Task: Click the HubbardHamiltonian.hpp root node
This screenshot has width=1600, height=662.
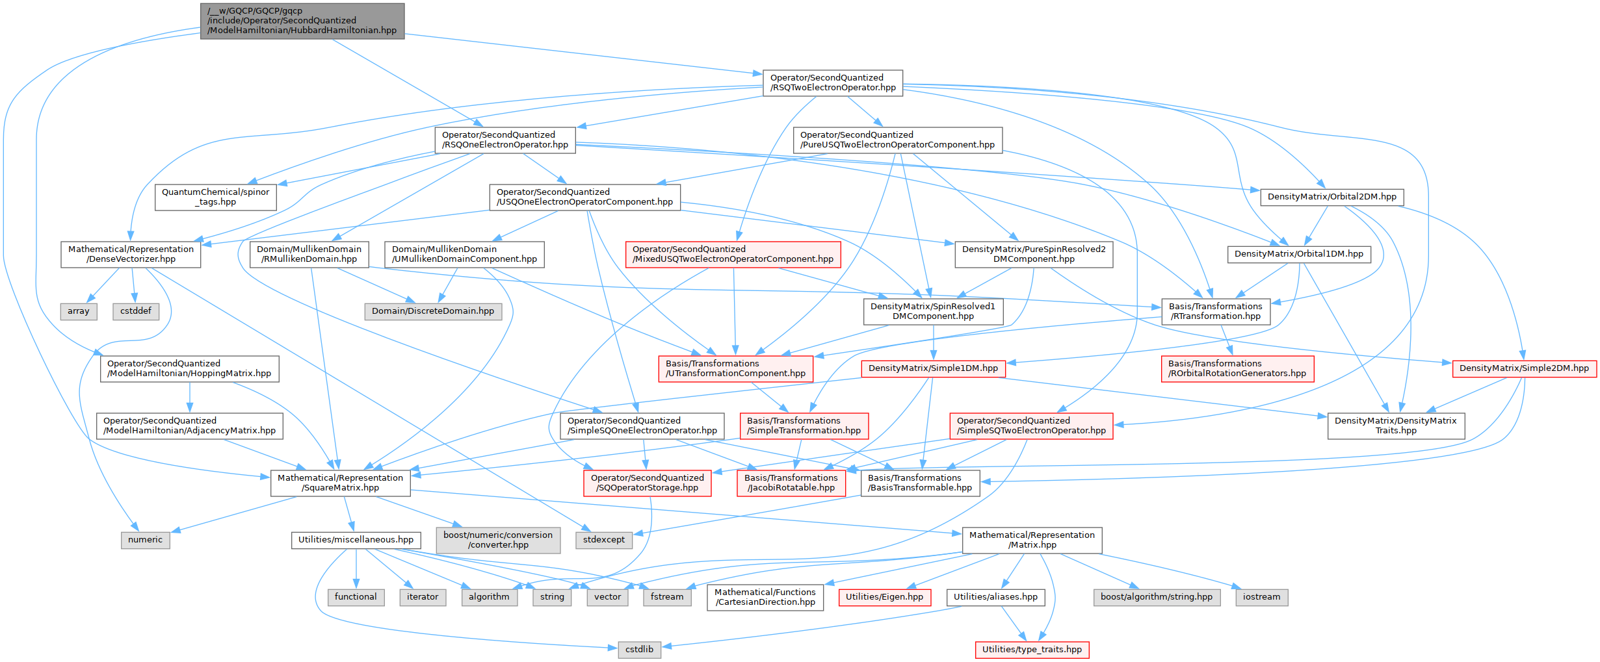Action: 302,21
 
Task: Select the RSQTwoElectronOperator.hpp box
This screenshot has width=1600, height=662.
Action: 832,83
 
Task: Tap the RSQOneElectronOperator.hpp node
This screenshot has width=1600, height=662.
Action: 505,140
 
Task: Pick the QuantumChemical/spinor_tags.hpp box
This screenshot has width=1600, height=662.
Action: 215,197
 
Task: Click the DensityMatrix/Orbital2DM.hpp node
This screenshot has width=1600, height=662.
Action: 1331,197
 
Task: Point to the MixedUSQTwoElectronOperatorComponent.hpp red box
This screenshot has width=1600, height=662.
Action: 733,254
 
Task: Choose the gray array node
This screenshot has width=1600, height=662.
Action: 79,311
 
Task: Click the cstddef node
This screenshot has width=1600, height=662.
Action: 135,311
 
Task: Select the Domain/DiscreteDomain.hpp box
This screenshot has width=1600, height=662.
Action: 433,311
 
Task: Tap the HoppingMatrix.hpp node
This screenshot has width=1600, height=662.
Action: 189,368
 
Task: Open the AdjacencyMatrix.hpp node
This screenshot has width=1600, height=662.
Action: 189,426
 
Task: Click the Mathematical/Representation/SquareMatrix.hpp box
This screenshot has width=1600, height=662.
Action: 340,483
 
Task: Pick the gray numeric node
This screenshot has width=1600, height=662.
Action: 145,540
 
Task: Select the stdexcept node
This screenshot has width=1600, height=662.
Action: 603,540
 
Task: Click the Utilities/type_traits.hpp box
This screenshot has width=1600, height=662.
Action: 1032,649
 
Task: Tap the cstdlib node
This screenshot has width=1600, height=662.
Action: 639,649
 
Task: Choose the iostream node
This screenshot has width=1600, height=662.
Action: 1261,597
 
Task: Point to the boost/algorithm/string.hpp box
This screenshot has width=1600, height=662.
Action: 1156,597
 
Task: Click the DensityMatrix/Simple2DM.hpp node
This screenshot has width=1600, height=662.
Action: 1524,368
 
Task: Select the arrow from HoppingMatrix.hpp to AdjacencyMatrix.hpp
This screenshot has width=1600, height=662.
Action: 189,397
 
